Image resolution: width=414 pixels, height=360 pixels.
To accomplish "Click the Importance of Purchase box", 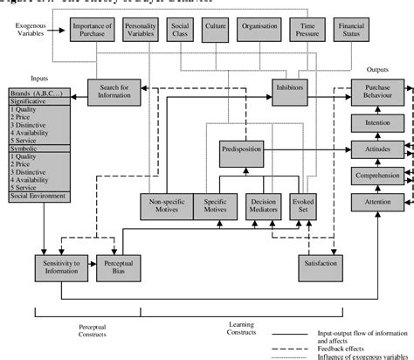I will [93, 31].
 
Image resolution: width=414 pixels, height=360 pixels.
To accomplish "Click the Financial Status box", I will [352, 31].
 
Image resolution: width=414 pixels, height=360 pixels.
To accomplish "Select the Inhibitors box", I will [288, 91].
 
